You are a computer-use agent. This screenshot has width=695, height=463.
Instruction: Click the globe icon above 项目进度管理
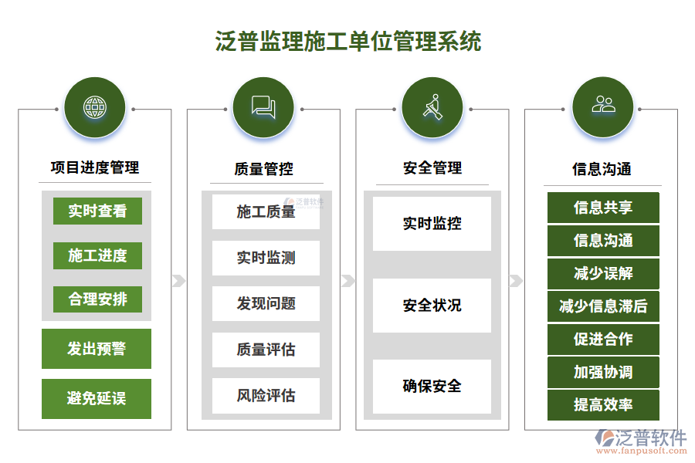click(x=95, y=107)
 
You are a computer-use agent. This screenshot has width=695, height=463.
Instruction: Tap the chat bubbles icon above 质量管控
click(x=263, y=107)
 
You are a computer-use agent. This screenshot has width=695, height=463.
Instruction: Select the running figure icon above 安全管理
click(x=432, y=107)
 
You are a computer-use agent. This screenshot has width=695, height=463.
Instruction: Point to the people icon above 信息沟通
click(x=603, y=105)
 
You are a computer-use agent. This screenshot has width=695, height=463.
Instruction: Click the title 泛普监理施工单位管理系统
click(x=348, y=41)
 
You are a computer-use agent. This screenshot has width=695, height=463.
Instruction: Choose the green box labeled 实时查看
click(x=97, y=211)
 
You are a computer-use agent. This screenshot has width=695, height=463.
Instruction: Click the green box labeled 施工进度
click(x=97, y=255)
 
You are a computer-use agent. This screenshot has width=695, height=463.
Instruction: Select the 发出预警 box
click(x=97, y=349)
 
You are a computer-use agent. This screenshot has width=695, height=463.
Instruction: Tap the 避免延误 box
click(x=97, y=398)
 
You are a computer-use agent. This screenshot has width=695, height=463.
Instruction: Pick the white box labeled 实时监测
click(x=266, y=258)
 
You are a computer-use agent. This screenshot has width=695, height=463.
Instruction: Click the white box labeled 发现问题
click(x=266, y=303)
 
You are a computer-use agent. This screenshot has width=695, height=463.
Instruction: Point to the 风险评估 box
click(x=266, y=395)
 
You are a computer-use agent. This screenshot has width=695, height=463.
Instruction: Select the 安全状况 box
click(x=432, y=306)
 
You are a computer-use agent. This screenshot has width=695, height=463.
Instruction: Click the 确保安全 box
click(x=432, y=387)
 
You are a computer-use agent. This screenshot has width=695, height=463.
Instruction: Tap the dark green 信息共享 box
click(x=603, y=208)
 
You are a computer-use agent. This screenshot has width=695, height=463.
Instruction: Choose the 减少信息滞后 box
click(x=603, y=306)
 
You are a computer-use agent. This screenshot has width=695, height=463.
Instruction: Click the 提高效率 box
click(x=603, y=405)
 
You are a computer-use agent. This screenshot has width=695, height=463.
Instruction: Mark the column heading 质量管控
click(x=264, y=169)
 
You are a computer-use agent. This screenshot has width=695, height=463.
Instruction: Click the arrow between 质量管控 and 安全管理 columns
click(x=348, y=281)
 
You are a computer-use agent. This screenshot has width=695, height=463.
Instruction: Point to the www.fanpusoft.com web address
click(x=642, y=451)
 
